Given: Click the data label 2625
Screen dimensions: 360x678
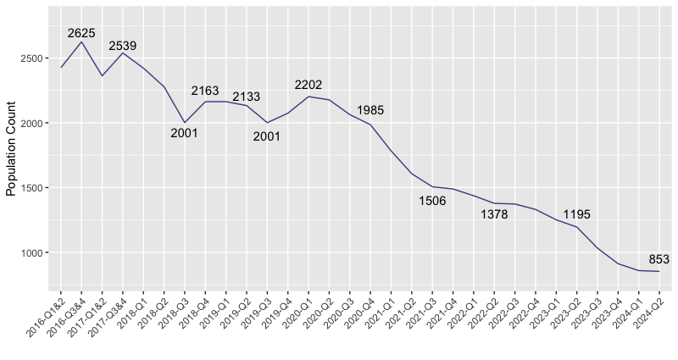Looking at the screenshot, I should tap(81, 33).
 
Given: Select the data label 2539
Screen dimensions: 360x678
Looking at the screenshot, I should tap(123, 46).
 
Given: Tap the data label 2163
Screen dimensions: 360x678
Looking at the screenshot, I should tap(205, 91).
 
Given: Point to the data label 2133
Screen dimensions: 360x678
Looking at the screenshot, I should tap(247, 97).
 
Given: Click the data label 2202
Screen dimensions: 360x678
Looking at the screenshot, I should tap(308, 85).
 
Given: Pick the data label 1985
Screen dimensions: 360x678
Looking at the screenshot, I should tap(370, 110).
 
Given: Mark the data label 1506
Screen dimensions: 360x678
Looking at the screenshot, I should tap(432, 201).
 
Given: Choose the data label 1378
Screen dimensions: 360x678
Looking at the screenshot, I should tap(494, 215).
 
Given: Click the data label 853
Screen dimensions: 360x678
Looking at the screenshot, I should tap(659, 259).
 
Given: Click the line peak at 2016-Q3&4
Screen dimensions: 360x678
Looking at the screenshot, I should tap(81, 42).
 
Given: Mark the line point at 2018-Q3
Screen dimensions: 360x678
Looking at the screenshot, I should tap(185, 123).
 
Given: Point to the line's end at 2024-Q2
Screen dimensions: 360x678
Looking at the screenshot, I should tap(659, 271).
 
